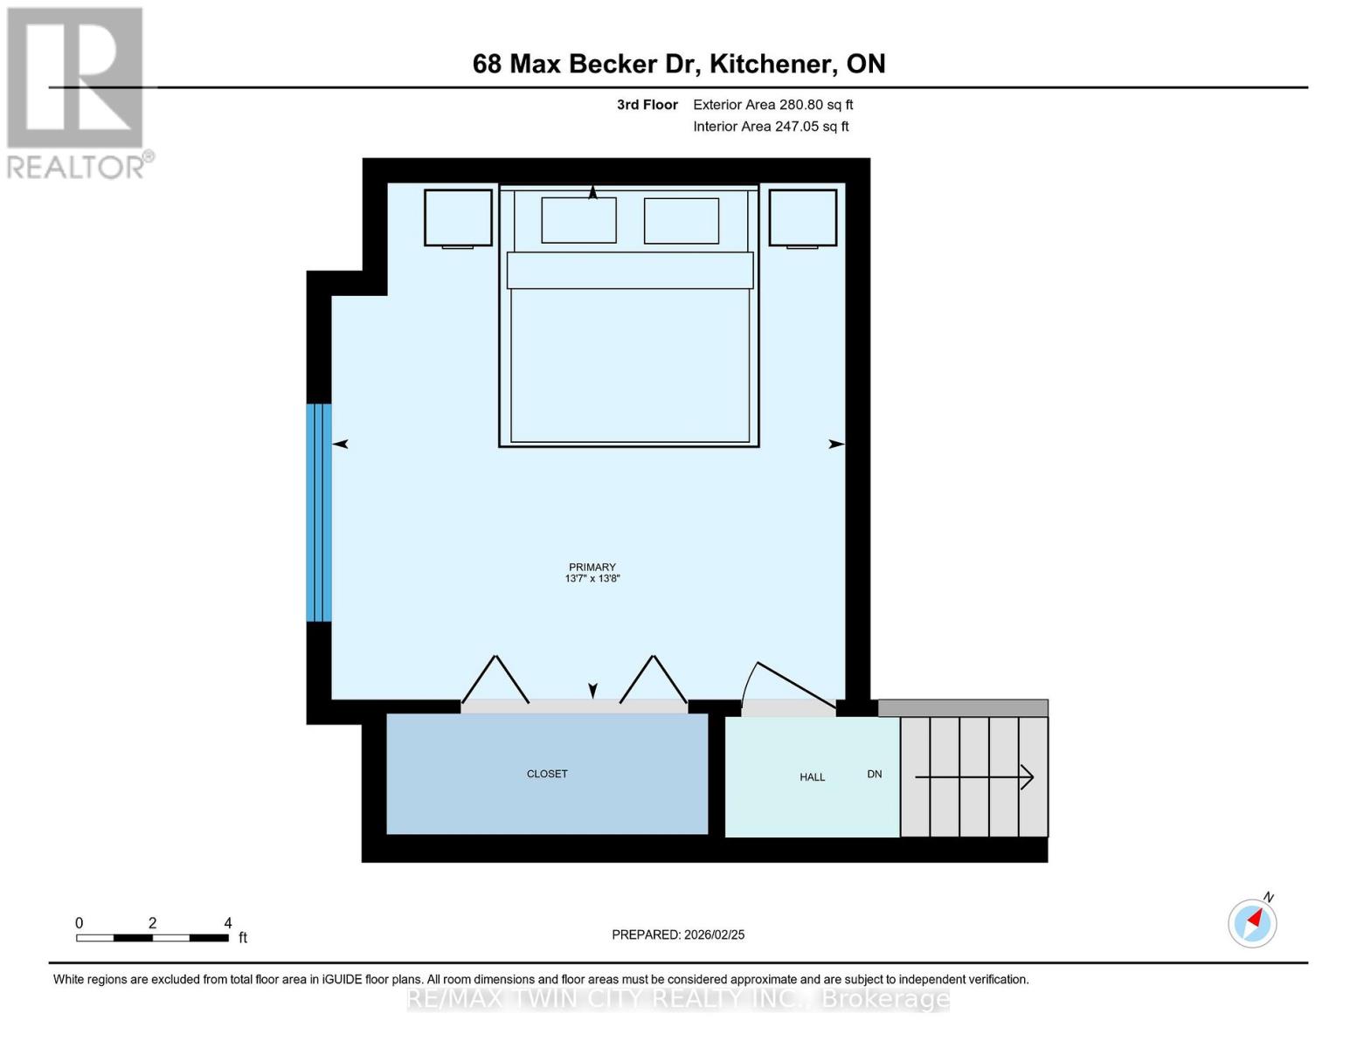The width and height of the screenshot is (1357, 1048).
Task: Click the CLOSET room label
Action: click(547, 774)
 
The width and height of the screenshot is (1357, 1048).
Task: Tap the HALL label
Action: click(812, 777)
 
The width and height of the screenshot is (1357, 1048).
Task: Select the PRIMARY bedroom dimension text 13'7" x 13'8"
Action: click(592, 579)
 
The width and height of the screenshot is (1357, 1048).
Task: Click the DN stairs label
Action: click(874, 774)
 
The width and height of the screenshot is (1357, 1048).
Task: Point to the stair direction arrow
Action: click(974, 776)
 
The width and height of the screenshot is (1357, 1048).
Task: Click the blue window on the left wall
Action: click(318, 513)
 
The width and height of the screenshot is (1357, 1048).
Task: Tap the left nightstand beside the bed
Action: click(458, 217)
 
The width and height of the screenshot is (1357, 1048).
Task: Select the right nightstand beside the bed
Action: click(802, 217)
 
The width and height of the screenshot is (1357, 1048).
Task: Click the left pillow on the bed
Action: click(578, 220)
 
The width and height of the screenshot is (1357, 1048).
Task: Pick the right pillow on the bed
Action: click(682, 220)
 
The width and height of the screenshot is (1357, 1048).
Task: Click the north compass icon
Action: click(1252, 922)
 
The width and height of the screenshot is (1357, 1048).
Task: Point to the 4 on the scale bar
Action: click(228, 923)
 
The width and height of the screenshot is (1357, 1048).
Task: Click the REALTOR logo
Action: click(77, 92)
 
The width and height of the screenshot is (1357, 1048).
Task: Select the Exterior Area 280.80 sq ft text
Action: click(772, 105)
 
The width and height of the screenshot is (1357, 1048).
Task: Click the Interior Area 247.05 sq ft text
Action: click(771, 127)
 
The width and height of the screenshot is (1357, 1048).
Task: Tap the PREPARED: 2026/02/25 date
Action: click(678, 934)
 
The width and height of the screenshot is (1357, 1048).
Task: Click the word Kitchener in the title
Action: click(769, 64)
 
